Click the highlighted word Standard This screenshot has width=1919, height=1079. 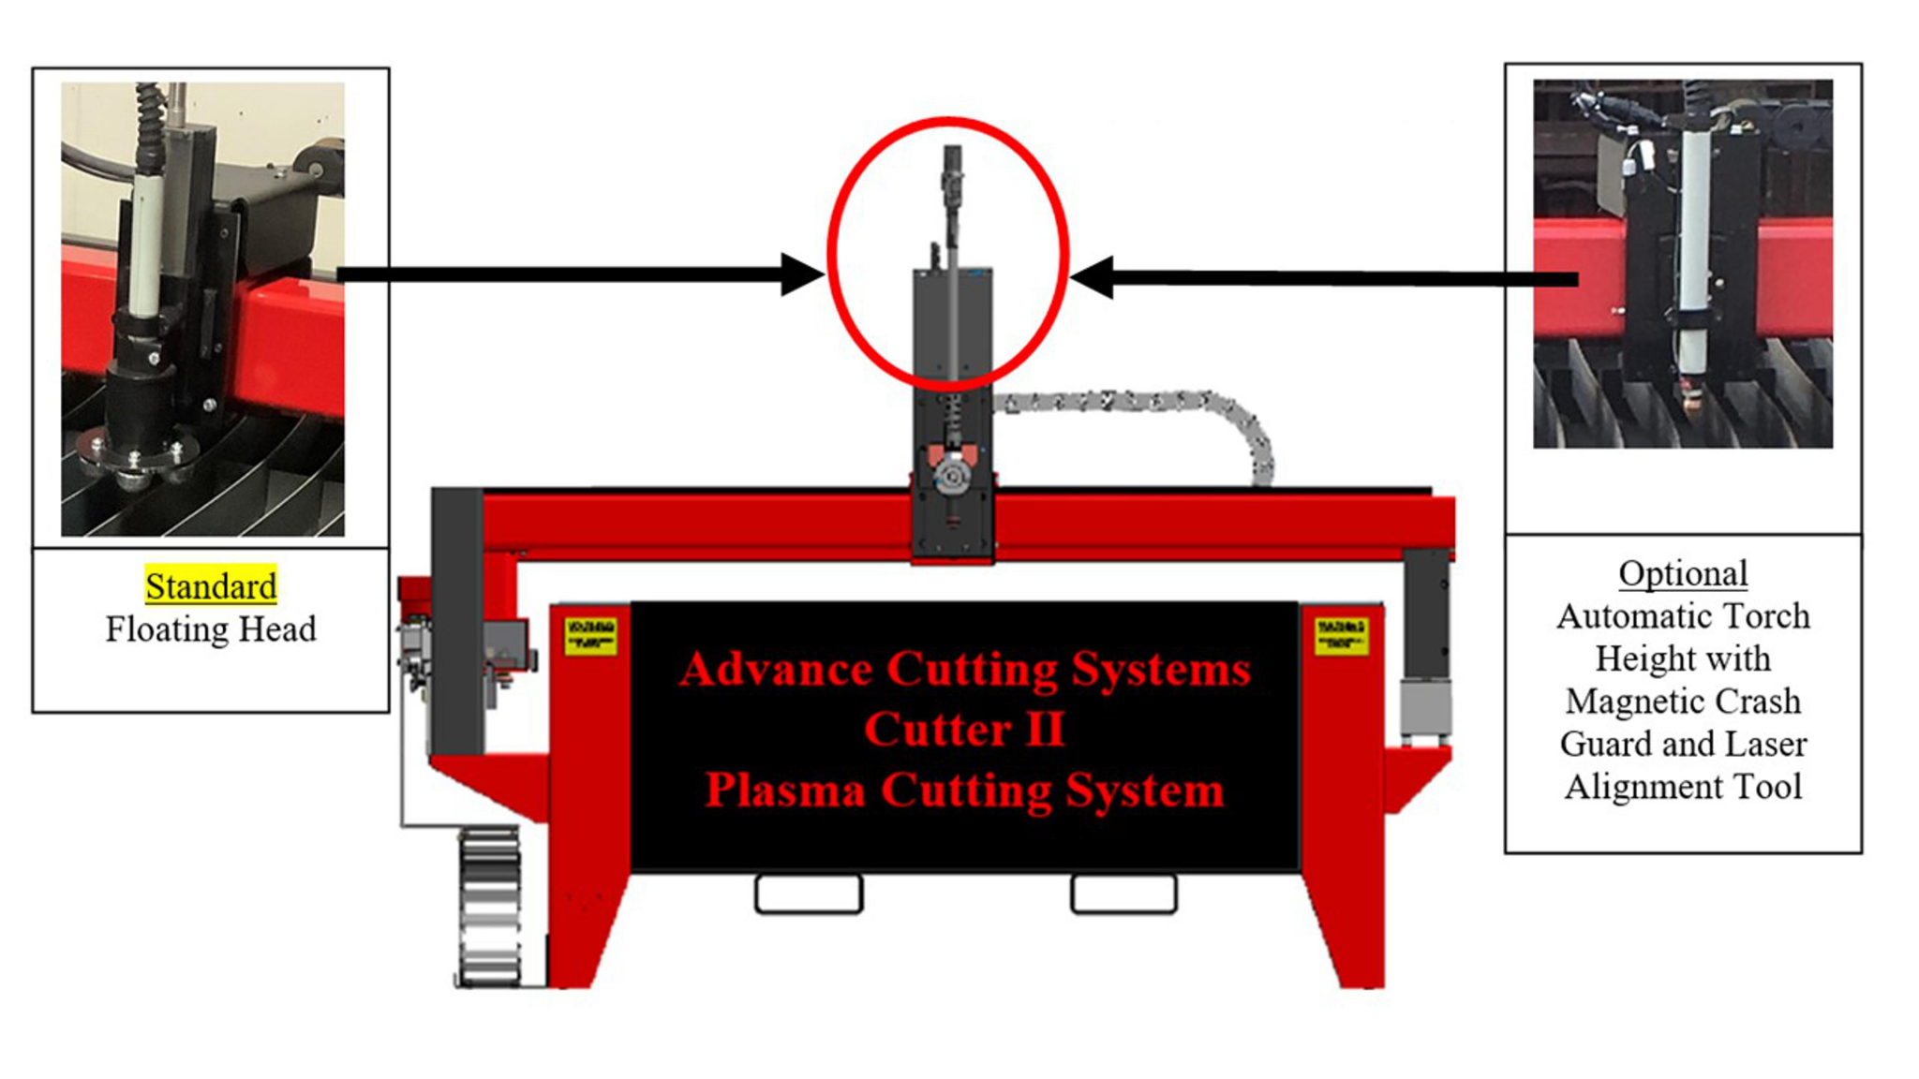(211, 586)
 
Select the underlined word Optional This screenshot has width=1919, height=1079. (1683, 573)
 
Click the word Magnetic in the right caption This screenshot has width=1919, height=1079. (1629, 701)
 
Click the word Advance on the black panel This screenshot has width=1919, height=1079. (777, 669)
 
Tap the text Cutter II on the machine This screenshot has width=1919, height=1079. (964, 729)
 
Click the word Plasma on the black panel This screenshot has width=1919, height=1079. (784, 790)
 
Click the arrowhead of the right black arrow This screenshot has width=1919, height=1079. (1093, 277)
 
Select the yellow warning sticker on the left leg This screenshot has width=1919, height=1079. (589, 635)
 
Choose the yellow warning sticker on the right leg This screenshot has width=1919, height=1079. (1341, 635)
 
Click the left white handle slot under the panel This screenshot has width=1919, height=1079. (809, 894)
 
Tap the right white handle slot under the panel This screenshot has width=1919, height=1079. (1123, 894)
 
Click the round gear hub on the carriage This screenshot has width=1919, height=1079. (953, 477)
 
